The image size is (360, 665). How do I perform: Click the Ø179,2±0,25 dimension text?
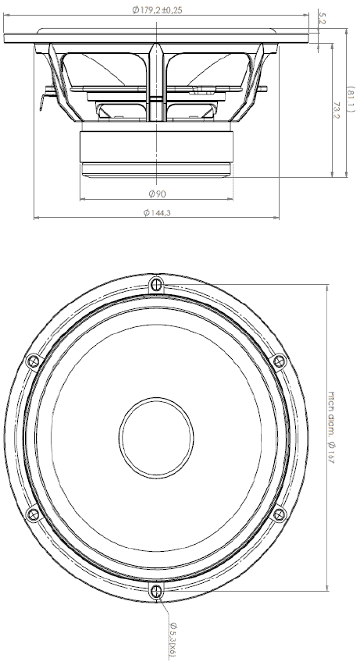(161, 10)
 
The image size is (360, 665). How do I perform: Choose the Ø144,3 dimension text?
(157, 213)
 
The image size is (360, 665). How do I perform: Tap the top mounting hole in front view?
(156, 283)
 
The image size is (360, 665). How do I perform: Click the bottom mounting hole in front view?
(156, 590)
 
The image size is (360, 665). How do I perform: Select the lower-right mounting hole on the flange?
(280, 514)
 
